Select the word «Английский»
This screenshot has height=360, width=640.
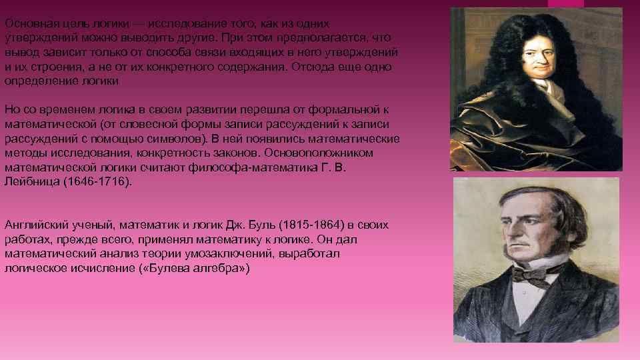[34, 225]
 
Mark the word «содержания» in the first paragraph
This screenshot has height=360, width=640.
[252, 67]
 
